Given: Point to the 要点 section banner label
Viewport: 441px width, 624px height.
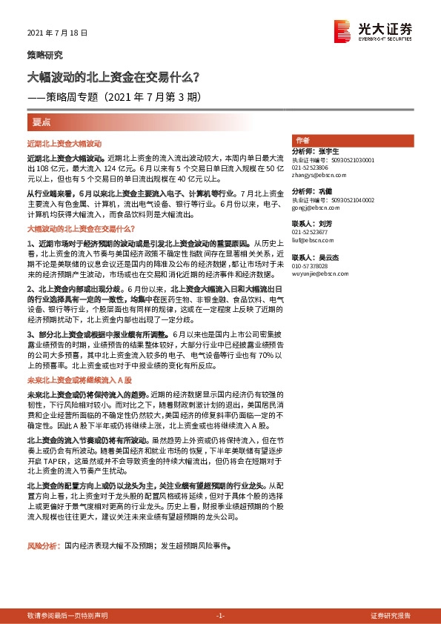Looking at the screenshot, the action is [43, 120].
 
